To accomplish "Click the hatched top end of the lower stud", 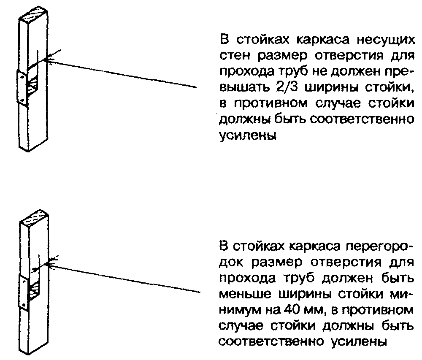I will point(35,220).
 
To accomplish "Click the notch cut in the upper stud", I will point(33,84).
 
